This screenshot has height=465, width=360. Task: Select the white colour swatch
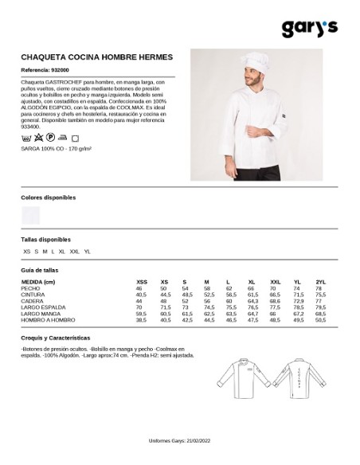coord(31,214)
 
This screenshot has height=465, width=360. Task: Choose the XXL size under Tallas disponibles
coord(75,251)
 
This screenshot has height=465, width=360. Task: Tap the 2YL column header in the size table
coord(321,282)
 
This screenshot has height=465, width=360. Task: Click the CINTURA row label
coord(33,294)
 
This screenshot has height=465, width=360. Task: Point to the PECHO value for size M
coord(206,288)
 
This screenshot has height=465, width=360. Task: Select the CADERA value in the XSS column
coord(141,300)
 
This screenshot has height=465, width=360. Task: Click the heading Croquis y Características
coord(56,338)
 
